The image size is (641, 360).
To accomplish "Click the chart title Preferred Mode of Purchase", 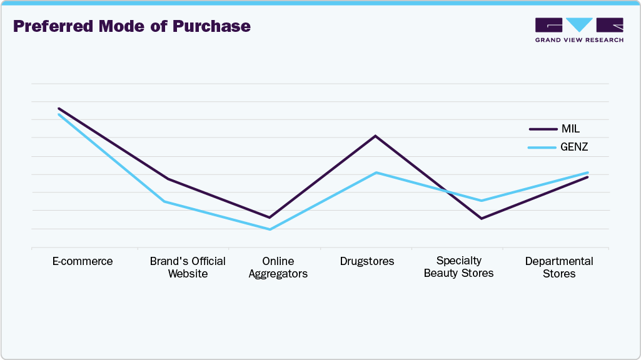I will pos(132,26).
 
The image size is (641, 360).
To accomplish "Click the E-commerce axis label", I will pos(83,261).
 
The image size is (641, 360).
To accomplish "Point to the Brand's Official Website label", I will pos(188,267).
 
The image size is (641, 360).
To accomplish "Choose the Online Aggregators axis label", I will pos(278,267).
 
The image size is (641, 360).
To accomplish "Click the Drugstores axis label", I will pos(367,261).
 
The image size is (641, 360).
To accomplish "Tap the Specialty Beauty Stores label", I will pos(458,267).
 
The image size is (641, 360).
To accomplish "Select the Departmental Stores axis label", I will pos(559,267).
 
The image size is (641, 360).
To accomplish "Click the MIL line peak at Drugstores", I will pos(375,136).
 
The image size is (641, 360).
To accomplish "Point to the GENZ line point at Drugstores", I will pos(375,172).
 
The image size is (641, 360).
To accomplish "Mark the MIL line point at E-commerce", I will pos(58,108).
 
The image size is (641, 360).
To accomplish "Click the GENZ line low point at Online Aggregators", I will pos(270,229).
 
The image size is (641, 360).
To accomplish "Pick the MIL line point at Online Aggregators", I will pos(270,217).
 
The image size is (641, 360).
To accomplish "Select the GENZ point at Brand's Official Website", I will pos(164,201).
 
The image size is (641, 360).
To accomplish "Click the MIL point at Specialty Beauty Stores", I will pos(481,218).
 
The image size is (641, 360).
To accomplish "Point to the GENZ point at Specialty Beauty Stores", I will pos(481,201).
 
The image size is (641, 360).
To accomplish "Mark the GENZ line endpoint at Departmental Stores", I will pos(588,172).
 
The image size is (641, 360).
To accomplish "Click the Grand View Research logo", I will pos(579,30).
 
